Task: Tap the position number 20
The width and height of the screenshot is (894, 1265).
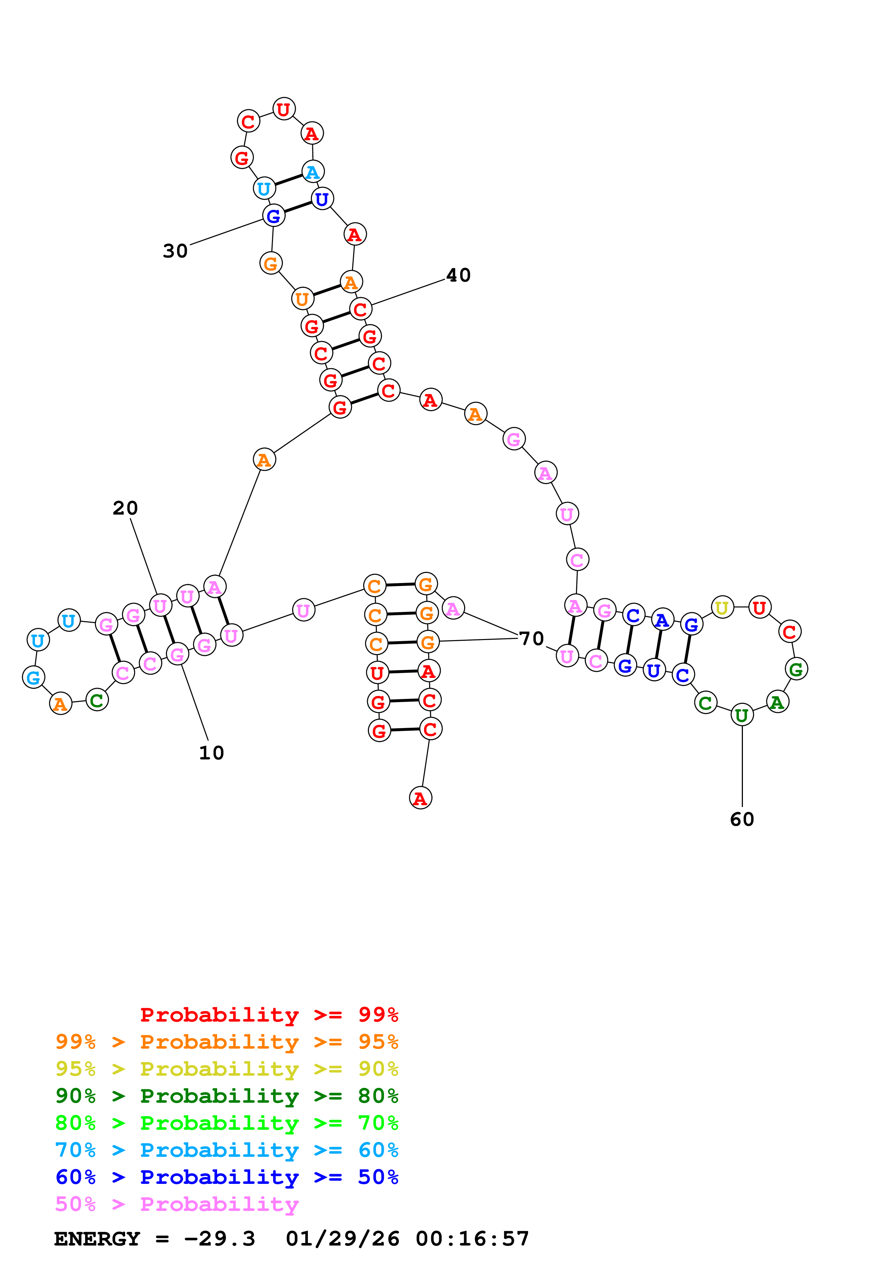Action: (x=125, y=508)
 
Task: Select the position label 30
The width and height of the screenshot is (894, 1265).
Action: (x=175, y=251)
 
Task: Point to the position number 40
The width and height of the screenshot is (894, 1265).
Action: (x=458, y=275)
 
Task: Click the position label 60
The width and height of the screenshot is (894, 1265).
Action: (x=741, y=819)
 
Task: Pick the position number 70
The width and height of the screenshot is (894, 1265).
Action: (x=532, y=639)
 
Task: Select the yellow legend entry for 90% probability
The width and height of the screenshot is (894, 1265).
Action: (x=226, y=1069)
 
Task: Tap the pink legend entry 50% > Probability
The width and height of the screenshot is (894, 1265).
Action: (x=177, y=1204)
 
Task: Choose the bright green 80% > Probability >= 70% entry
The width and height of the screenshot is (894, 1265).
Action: (x=226, y=1123)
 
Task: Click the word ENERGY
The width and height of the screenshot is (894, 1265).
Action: (x=97, y=1239)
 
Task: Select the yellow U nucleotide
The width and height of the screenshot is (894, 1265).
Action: (x=722, y=608)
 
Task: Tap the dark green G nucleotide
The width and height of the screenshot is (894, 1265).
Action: (x=796, y=669)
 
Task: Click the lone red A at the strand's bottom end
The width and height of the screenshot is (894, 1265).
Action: (x=420, y=798)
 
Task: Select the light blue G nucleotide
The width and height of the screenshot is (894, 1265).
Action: (x=34, y=677)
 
